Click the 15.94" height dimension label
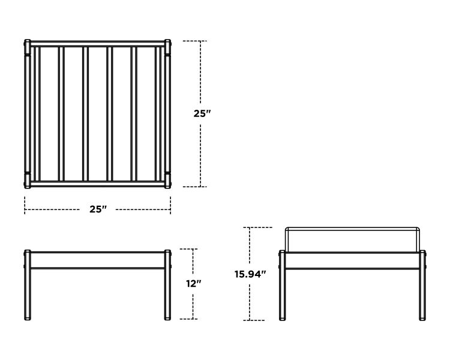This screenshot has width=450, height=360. click(250, 274)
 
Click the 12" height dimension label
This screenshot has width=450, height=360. click(193, 284)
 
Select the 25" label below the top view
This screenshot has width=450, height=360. click(98, 209)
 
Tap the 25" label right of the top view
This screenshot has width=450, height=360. click(202, 113)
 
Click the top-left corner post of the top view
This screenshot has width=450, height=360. click(27, 47)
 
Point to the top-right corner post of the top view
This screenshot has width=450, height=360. click(167, 47)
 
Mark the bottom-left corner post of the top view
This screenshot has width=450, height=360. click(27, 181)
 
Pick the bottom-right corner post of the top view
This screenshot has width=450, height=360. click(167, 181)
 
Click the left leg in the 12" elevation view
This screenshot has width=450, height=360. click(27, 285)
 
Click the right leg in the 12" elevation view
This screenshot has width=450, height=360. click(167, 285)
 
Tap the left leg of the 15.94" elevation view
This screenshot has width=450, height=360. click(282, 286)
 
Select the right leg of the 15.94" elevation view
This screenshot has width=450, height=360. click(422, 286)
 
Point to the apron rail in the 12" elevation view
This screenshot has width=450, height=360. click(98, 260)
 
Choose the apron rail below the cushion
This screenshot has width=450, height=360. click(352, 261)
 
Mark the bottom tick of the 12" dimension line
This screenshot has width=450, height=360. click(188, 319)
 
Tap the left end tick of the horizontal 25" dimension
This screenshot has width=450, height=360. click(25, 205)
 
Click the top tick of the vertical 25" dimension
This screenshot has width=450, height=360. click(195, 41)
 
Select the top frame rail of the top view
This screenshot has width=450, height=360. click(98, 44)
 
